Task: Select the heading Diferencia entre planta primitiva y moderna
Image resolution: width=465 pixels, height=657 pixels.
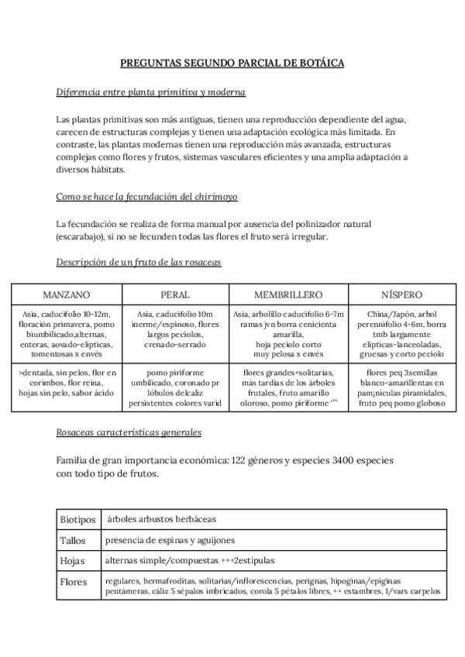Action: click(x=150, y=93)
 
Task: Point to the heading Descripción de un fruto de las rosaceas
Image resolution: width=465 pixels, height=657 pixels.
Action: click(x=139, y=263)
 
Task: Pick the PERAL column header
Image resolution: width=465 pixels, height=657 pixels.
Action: click(x=175, y=295)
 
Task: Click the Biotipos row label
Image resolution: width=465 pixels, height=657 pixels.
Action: click(x=77, y=519)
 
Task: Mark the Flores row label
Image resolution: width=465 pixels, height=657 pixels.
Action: click(x=74, y=581)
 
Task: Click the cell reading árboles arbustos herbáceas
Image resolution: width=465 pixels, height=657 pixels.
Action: click(x=162, y=518)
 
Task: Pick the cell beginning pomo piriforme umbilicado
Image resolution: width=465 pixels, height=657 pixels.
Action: click(x=175, y=387)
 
